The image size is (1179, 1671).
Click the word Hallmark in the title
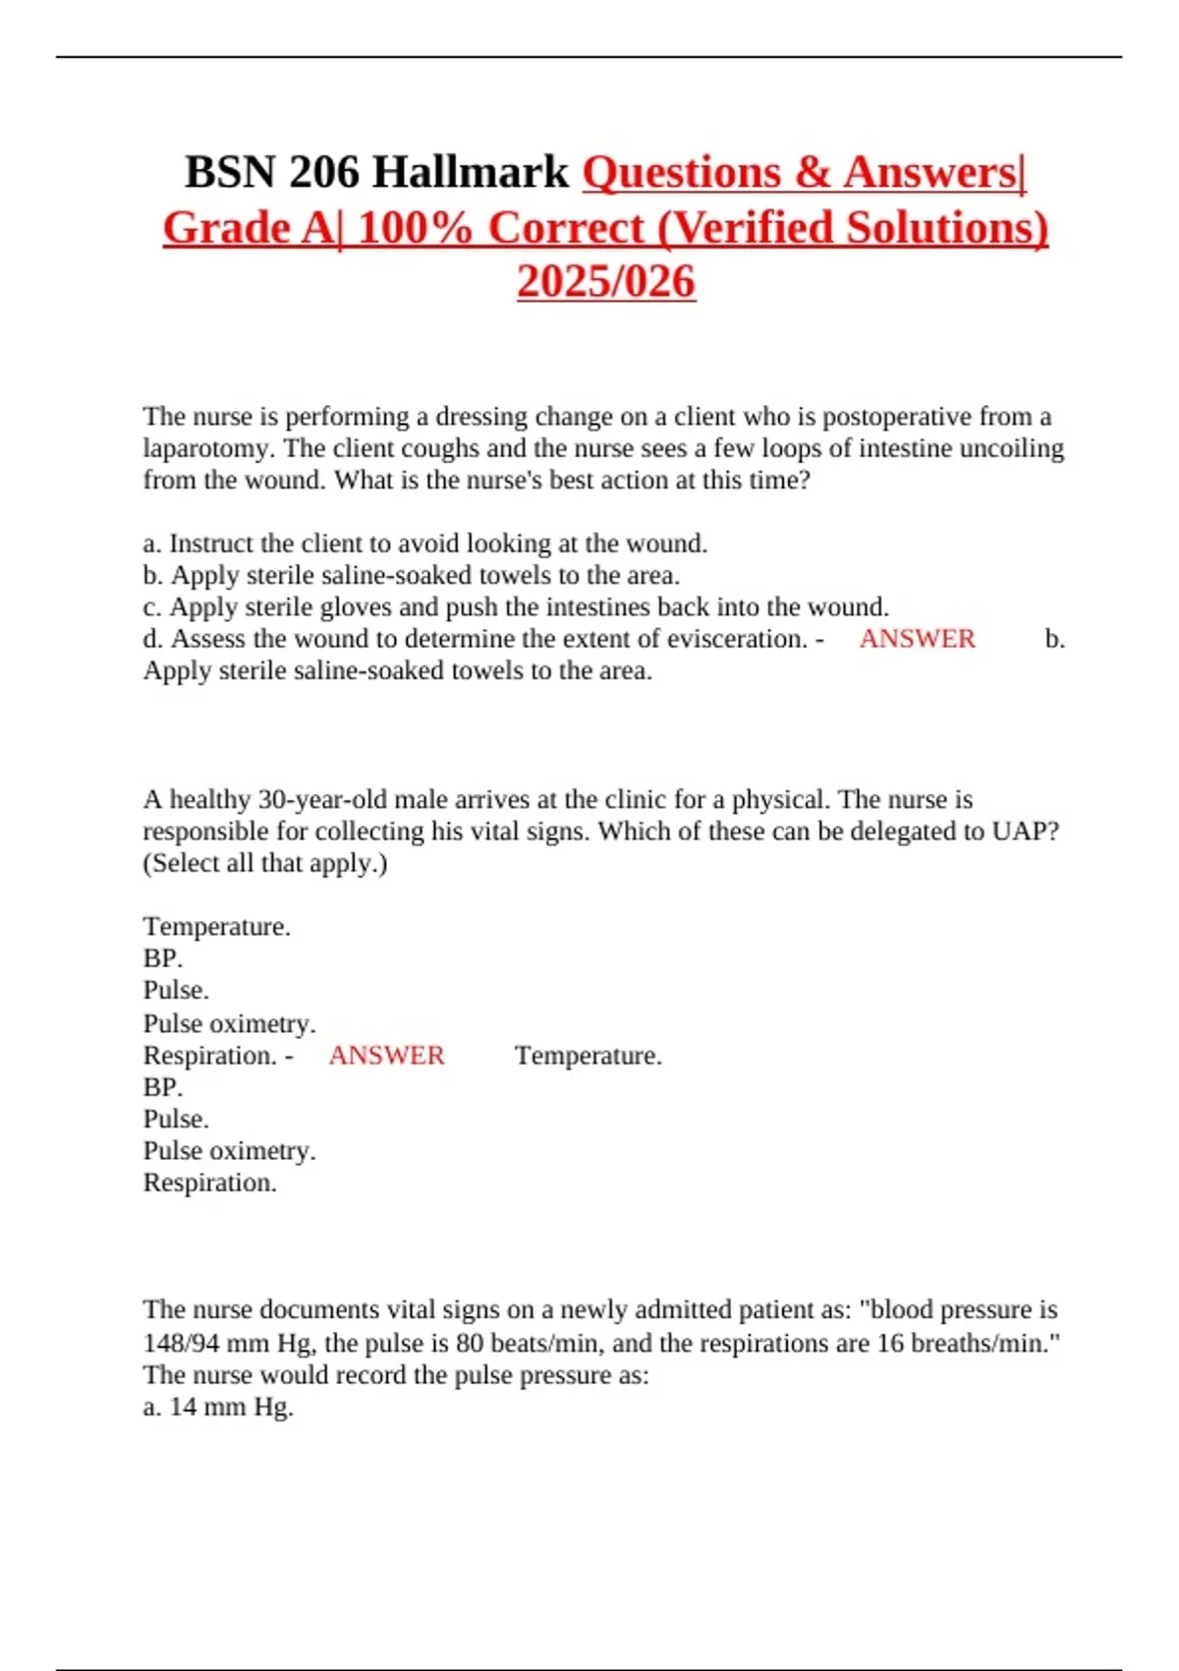coord(471,173)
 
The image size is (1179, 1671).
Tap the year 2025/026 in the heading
coord(606,282)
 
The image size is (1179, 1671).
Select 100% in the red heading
coord(415,228)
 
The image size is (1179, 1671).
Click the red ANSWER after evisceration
coord(917,639)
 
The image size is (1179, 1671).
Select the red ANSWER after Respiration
coord(386,1056)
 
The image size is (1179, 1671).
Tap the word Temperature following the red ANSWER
coord(588,1056)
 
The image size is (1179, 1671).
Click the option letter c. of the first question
coord(151,607)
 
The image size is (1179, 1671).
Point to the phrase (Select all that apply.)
coord(265,863)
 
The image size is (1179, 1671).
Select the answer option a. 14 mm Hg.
coord(218,1407)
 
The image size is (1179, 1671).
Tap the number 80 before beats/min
coord(470,1343)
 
